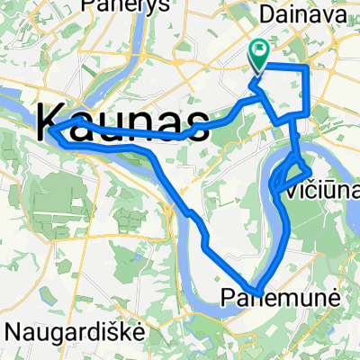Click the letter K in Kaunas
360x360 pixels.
tap(54, 120)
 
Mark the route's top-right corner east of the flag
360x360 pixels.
tap(308, 67)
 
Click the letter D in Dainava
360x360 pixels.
tap(265, 15)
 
